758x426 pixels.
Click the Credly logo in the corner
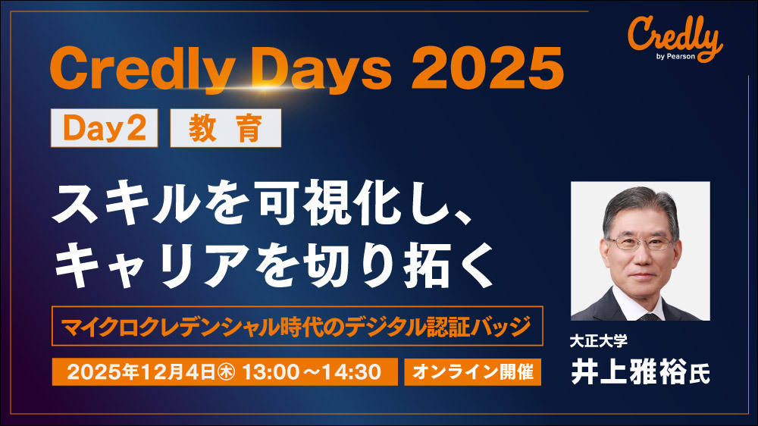(675, 39)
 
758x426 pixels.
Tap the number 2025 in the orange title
(487, 68)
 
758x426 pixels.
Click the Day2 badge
(105, 128)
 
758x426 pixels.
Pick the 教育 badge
(226, 128)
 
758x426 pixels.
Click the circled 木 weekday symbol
(226, 372)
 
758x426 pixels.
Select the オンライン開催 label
(473, 372)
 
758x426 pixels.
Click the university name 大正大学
(599, 342)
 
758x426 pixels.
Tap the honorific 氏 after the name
(700, 375)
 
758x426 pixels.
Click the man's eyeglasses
(642, 243)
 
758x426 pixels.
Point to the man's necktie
(648, 316)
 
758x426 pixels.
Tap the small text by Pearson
(676, 56)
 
